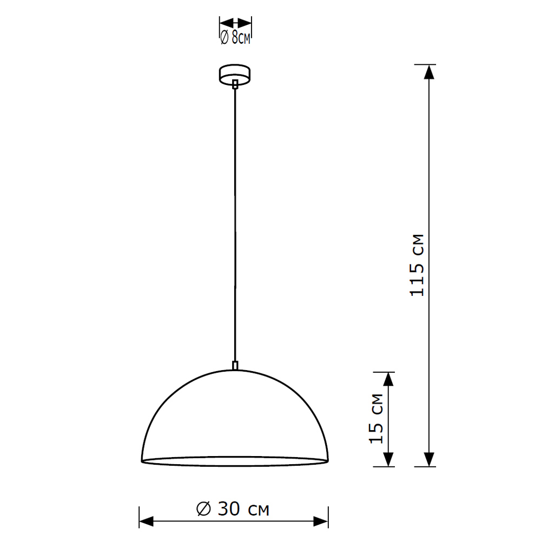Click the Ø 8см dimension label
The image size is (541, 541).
235,38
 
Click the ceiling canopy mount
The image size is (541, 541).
235,74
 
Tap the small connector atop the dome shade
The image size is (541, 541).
235,365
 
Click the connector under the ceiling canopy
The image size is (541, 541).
235,84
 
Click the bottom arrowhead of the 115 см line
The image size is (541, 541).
430,459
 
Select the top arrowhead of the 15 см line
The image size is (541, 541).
388,379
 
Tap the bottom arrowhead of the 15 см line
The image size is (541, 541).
388,459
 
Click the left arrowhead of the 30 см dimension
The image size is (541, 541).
147,522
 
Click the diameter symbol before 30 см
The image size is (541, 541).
204,509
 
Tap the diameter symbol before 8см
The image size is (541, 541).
223,38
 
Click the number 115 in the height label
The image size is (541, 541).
417,278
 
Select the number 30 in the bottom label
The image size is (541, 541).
230,509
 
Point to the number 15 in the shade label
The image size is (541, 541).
377,432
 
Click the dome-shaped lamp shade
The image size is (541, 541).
235,417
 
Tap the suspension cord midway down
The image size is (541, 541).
235,225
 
